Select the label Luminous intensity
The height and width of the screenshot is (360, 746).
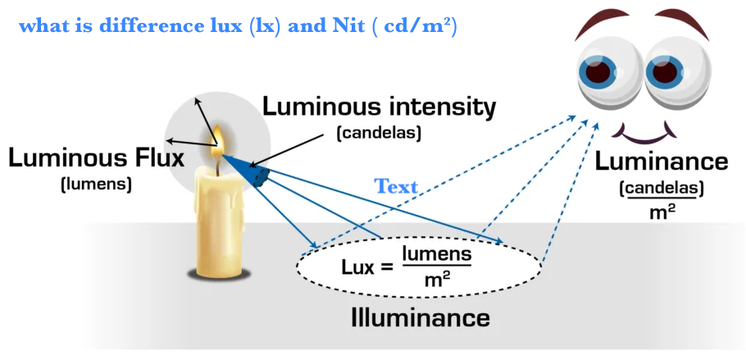coord(379,107)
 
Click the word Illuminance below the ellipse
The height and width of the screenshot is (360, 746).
coord(421,317)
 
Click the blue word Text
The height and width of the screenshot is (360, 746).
coord(397,186)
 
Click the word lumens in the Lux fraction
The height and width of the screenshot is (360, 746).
coord(436,253)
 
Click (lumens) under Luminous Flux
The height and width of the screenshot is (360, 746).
coord(96,184)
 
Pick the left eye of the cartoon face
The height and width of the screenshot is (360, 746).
coord(604,70)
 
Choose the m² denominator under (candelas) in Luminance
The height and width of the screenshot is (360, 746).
coord(661,213)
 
